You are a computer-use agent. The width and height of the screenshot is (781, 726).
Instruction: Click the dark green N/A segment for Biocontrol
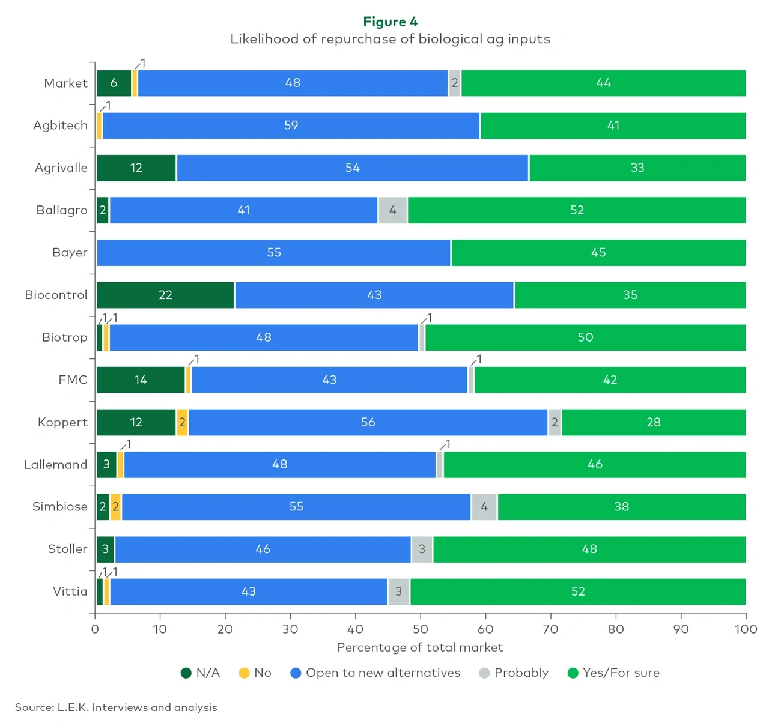[x=165, y=295]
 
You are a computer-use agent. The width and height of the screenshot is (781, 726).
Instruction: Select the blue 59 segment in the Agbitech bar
[x=291, y=126]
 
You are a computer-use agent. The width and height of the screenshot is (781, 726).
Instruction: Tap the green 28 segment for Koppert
[x=654, y=422]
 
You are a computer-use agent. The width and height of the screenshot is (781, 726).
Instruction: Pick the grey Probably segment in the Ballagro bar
[x=393, y=210]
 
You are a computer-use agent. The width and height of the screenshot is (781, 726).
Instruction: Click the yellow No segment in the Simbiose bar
[x=115, y=507]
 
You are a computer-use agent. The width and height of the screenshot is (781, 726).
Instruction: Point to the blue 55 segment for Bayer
[x=273, y=253]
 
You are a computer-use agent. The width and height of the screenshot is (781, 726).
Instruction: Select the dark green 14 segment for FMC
[x=141, y=380]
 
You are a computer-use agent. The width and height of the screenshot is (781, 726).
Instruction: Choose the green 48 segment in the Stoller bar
[x=589, y=549]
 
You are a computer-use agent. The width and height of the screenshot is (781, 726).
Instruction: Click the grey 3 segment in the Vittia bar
[x=398, y=591]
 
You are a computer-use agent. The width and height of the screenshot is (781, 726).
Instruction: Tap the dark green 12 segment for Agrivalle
[x=136, y=168]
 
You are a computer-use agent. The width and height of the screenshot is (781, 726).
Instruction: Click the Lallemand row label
[x=55, y=465]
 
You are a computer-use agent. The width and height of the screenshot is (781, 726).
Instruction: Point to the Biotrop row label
[x=64, y=337]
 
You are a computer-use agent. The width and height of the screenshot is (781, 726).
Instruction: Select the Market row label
[x=65, y=83]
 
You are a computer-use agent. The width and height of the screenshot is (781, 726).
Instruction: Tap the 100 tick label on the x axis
[x=746, y=629]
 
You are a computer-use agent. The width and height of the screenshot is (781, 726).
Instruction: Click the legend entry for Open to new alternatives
[x=375, y=673]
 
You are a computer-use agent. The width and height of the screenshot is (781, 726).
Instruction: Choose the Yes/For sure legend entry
[x=613, y=673]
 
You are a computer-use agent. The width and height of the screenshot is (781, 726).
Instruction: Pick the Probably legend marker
[x=484, y=673]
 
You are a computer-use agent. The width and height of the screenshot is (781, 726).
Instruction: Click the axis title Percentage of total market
[x=420, y=647]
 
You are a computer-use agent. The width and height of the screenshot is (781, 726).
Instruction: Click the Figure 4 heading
[x=390, y=22]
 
